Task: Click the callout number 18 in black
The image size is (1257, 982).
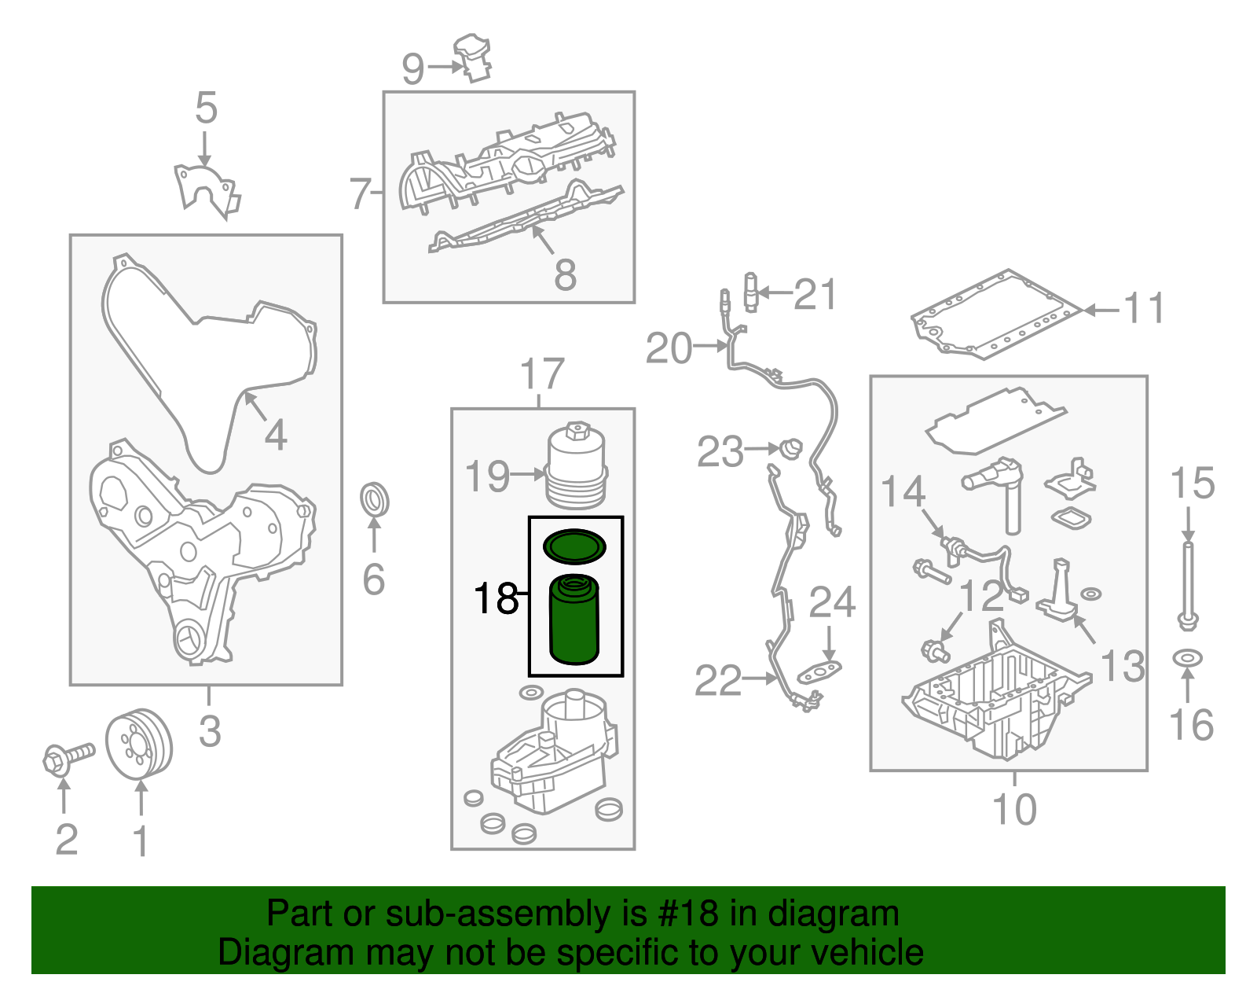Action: click(x=497, y=599)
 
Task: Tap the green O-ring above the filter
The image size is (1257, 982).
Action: click(x=575, y=546)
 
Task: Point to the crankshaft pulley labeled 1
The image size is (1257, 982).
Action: click(x=139, y=745)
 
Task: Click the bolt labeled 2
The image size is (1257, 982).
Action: click(x=67, y=758)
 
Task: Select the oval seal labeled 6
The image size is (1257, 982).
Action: click(x=375, y=501)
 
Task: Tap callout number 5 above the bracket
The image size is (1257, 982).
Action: click(x=206, y=108)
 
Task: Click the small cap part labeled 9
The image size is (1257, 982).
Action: click(x=475, y=57)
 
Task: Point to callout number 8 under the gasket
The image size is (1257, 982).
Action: click(x=565, y=275)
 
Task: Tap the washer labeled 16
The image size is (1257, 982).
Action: click(x=1187, y=657)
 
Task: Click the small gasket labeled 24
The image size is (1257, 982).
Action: click(x=819, y=672)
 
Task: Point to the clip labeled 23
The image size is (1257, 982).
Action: click(x=792, y=449)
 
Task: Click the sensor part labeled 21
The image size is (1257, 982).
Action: click(x=751, y=292)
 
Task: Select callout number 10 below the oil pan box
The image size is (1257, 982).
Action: click(x=1014, y=810)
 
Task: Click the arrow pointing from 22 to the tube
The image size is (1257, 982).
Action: click(x=760, y=678)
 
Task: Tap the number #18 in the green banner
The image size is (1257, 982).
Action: click(x=684, y=914)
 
